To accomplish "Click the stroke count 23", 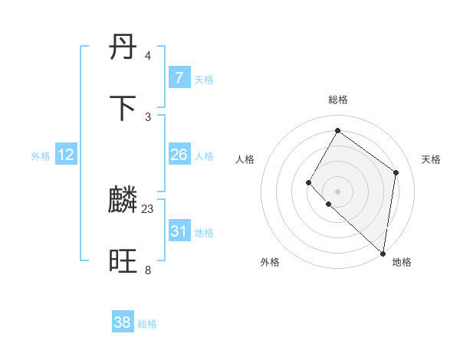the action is [148, 209].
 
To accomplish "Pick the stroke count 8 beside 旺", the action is [147, 270].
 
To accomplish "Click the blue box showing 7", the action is [179, 78].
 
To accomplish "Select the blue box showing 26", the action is [179, 155].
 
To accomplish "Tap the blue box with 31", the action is [179, 231].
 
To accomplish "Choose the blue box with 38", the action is [123, 322].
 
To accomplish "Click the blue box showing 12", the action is [66, 155].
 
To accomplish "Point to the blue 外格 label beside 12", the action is [41, 156].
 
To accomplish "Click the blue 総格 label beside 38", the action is [147, 324].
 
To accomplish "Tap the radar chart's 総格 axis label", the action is [337, 100].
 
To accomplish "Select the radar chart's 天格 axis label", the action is [431, 159].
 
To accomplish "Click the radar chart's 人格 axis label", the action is [245, 159].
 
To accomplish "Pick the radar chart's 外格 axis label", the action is [270, 262].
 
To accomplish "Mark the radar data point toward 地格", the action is [383, 254].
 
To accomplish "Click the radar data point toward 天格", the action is [396, 172].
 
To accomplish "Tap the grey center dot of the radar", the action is [337, 191].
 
